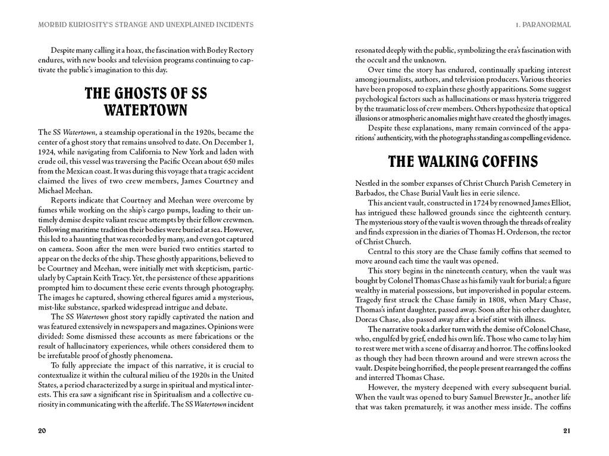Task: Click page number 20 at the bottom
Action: coord(41,431)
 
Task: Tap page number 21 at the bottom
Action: coord(567,431)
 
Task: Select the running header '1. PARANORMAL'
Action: coord(543,24)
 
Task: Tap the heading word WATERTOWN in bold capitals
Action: coord(146,110)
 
